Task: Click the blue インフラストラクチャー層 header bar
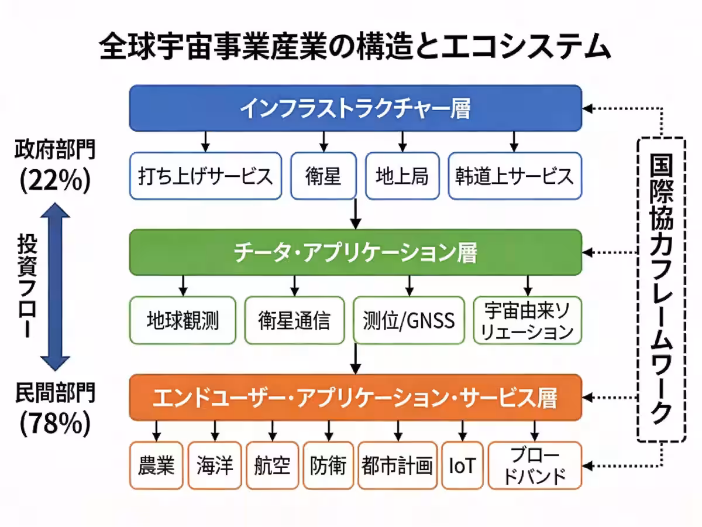(355, 108)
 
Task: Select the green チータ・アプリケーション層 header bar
(355, 253)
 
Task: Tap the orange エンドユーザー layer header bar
(355, 399)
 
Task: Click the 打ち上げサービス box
(205, 176)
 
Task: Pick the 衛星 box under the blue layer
(323, 176)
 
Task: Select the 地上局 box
(402, 176)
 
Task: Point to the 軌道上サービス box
(515, 176)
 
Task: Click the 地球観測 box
(183, 320)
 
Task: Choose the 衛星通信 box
(294, 320)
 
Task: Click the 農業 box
(156, 466)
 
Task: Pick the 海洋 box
(215, 466)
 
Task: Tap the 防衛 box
(328, 466)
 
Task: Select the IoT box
(462, 466)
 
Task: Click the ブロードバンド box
(535, 466)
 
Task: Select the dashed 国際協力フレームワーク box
(660, 290)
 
